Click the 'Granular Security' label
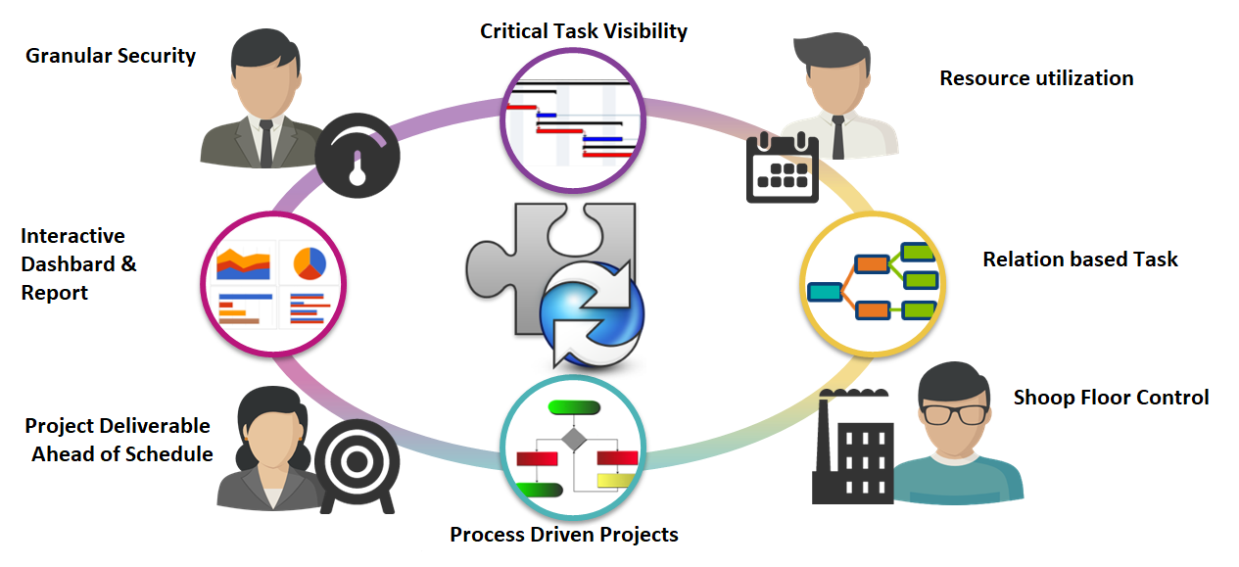point(111,56)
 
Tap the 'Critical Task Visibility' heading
point(584,31)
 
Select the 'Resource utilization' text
point(1036,78)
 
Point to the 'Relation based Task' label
point(1080,260)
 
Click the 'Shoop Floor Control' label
point(1111,398)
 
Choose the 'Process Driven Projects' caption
point(564,535)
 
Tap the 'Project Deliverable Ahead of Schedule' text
point(119,440)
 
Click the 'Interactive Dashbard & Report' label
point(78,264)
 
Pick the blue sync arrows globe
point(588,311)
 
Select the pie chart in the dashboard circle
point(310,261)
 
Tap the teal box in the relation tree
point(825,292)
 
